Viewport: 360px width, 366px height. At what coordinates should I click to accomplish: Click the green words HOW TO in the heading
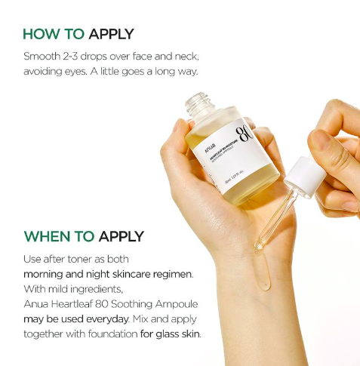pos(54,34)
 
